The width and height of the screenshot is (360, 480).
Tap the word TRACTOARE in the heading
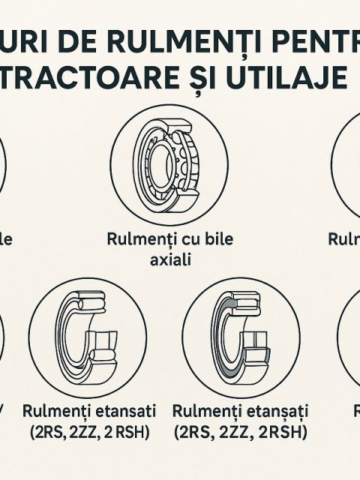pyautogui.click(x=110, y=77)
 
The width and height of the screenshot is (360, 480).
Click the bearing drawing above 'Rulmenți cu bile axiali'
pyautogui.click(x=169, y=164)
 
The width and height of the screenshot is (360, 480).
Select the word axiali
pyautogui.click(x=169, y=260)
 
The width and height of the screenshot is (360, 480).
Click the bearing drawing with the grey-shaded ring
pyautogui.click(x=240, y=335)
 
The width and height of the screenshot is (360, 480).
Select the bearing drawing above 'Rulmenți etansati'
pyautogui.click(x=88, y=335)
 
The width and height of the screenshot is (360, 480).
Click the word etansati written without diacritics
pyautogui.click(x=119, y=412)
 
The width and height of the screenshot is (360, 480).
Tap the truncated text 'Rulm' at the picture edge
pyautogui.click(x=343, y=238)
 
